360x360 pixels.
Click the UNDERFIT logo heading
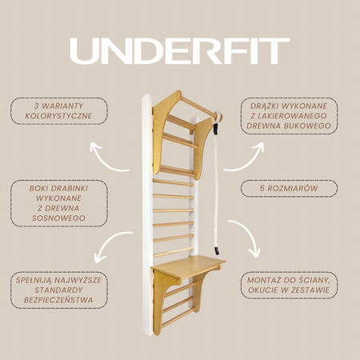(x=180, y=51)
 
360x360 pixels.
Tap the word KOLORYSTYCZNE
(x=58, y=116)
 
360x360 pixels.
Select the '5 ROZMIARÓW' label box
(x=289, y=188)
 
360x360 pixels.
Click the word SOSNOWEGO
(x=58, y=218)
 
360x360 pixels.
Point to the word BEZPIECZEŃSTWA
(x=58, y=300)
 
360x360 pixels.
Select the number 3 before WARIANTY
(x=37, y=106)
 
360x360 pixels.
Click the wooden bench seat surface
(x=188, y=266)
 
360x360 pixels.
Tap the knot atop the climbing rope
(x=218, y=117)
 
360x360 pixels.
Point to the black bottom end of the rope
(x=217, y=250)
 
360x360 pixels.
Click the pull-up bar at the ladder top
(x=198, y=106)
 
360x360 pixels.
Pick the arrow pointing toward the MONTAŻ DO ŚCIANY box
(x=249, y=234)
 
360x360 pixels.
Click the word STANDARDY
(x=58, y=290)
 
